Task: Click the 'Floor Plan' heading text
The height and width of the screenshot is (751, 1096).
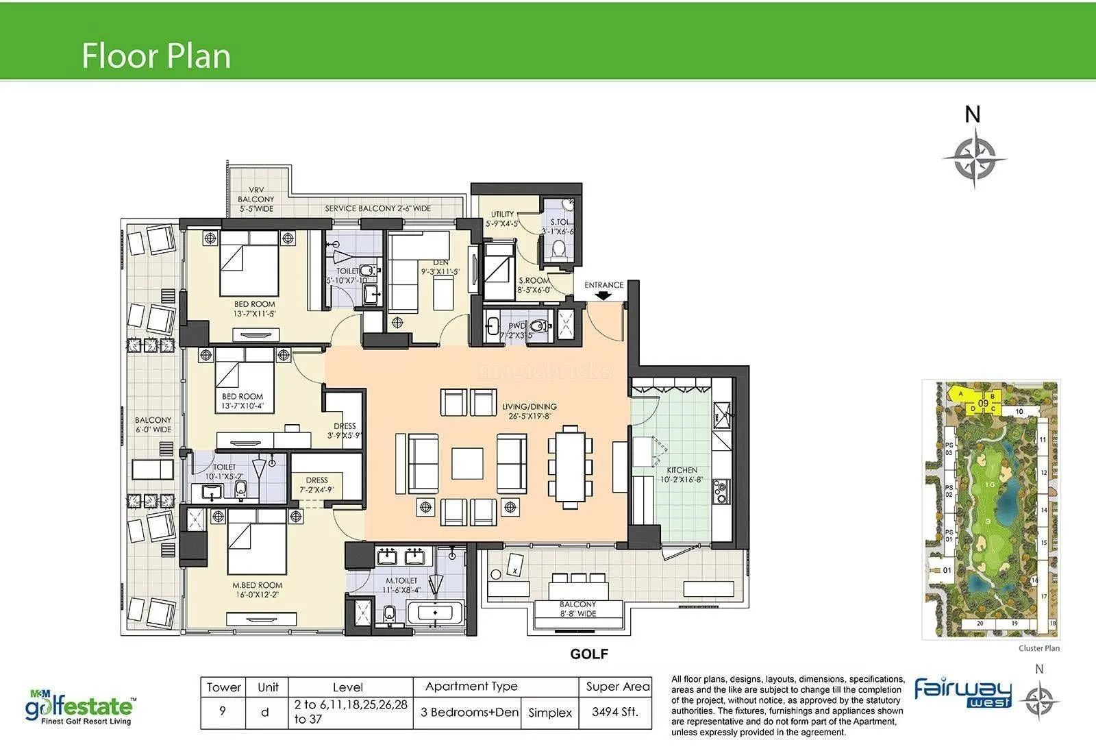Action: click(156, 56)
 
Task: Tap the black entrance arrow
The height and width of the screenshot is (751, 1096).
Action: click(603, 296)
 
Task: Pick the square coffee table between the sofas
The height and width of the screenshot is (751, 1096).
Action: click(467, 463)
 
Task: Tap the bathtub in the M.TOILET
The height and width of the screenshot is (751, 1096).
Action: click(436, 611)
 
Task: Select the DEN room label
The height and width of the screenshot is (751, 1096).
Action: click(440, 263)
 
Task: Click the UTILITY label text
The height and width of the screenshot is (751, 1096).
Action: click(502, 214)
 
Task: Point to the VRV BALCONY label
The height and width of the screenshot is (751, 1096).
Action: click(256, 199)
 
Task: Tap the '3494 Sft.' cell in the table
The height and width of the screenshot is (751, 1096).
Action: click(614, 712)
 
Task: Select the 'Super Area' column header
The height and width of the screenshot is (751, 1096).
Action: click(617, 687)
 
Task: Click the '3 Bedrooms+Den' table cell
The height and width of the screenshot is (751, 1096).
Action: click(469, 712)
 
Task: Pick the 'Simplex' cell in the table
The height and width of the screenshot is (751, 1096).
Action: click(550, 713)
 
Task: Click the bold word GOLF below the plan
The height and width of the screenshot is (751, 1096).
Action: click(589, 654)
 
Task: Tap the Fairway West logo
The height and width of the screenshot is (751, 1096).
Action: click(963, 693)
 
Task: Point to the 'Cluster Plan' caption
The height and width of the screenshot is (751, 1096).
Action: click(1038, 648)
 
